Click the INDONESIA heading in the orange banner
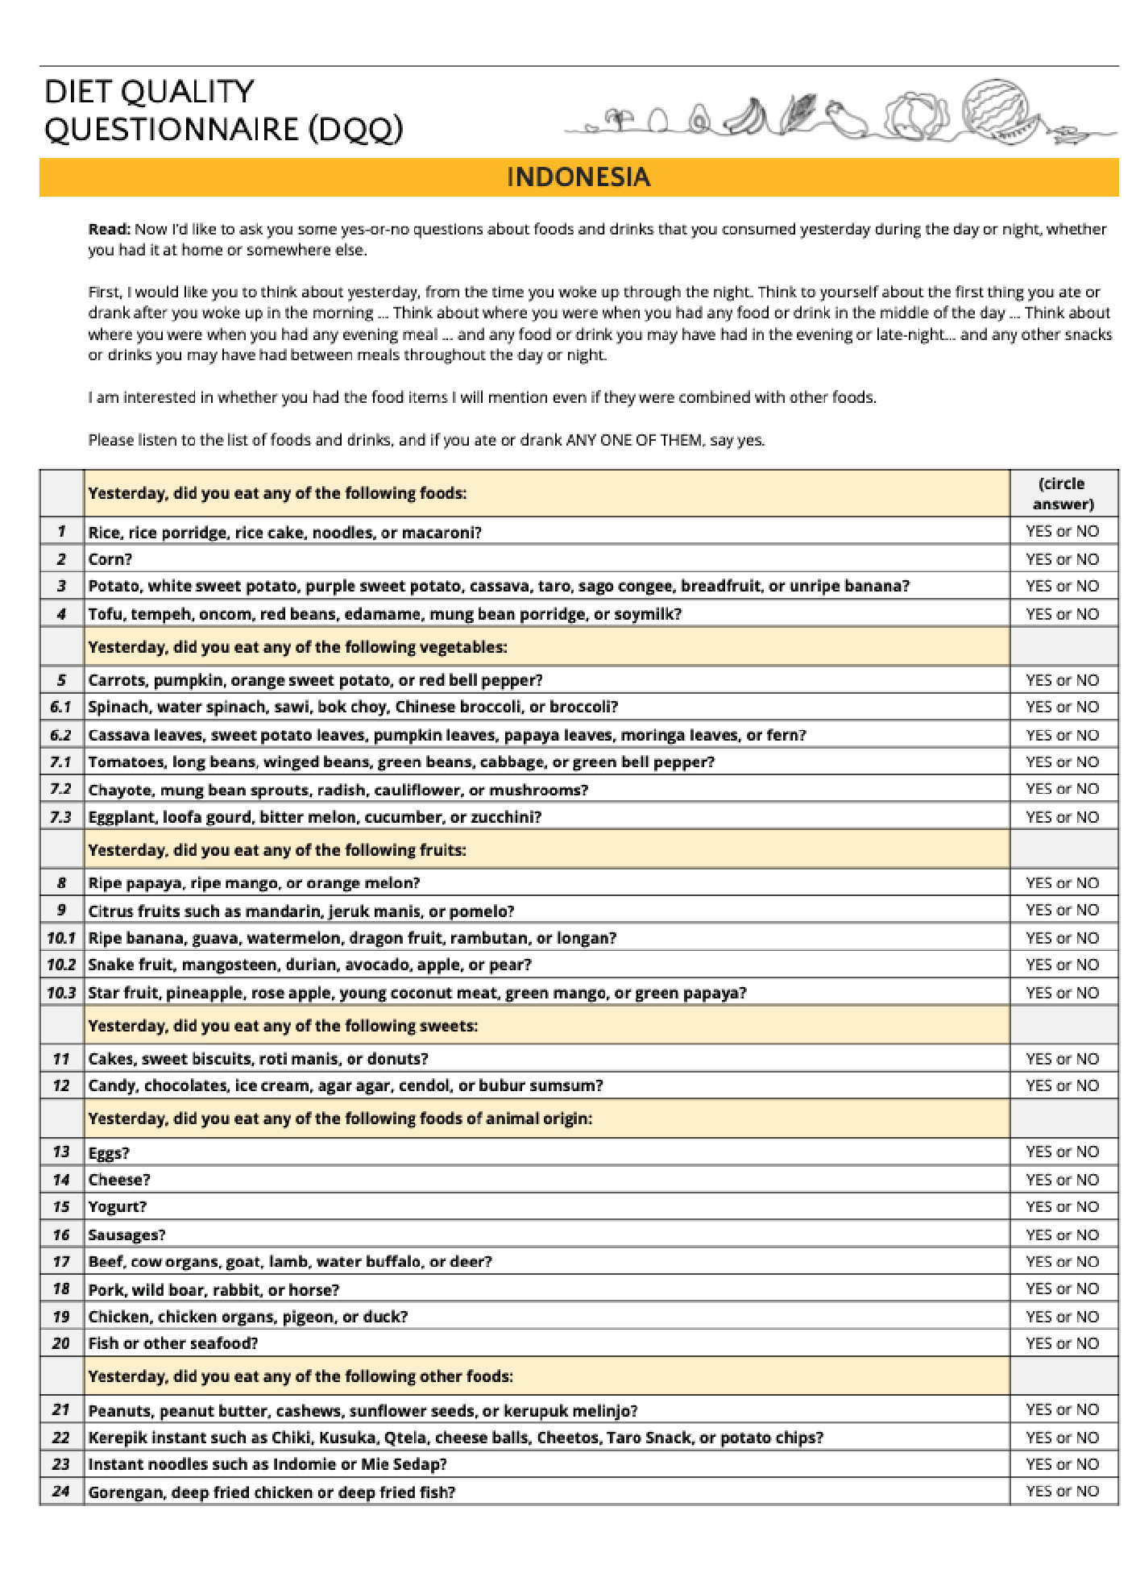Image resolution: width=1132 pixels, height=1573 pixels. click(578, 177)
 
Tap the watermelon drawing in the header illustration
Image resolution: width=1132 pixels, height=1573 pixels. click(999, 111)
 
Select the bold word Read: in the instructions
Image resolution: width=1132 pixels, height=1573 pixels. click(109, 229)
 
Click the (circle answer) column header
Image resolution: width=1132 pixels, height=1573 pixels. click(1063, 493)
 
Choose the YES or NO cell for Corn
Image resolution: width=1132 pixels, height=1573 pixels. click(1062, 558)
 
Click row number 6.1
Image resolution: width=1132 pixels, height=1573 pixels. click(61, 707)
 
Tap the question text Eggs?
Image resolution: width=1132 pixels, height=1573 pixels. click(109, 1152)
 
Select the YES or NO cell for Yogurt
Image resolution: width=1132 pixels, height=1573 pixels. click(1062, 1206)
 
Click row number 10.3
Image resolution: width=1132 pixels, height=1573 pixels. click(61, 993)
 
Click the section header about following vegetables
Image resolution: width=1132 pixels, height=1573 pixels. click(297, 647)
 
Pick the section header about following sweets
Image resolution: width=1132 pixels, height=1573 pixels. click(283, 1026)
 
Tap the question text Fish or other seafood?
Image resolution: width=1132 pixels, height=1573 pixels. click(173, 1343)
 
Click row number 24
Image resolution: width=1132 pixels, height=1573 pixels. click(61, 1492)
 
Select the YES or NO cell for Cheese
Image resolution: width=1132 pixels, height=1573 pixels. click(1062, 1179)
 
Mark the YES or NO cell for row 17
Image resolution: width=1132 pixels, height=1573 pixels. click(1062, 1261)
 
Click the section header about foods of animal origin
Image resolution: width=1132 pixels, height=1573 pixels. click(340, 1119)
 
